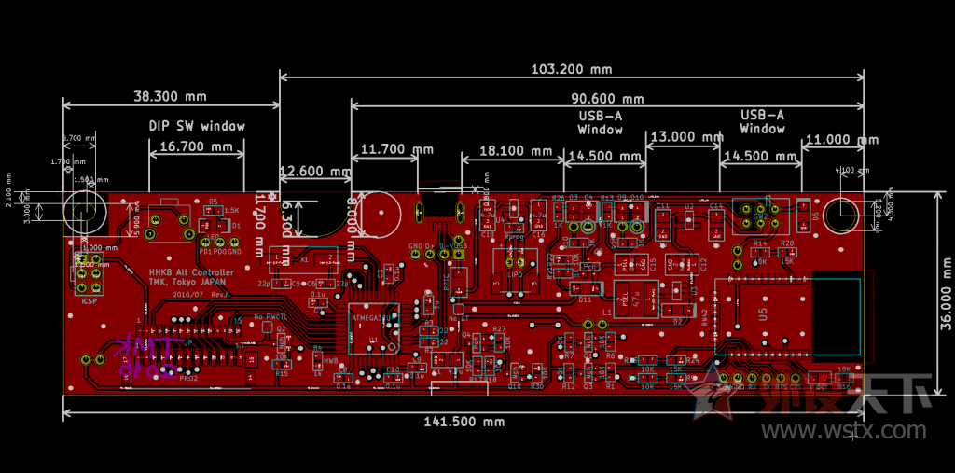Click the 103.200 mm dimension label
pyautogui.click(x=571, y=69)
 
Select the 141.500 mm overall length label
pyautogui.click(x=464, y=422)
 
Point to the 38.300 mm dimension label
pyautogui.click(x=170, y=96)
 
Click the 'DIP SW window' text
pyautogui.click(x=197, y=126)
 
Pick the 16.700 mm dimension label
pyautogui.click(x=196, y=146)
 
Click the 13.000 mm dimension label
pyautogui.click(x=685, y=136)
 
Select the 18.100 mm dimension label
pyautogui.click(x=515, y=150)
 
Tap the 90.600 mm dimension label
pyautogui.click(x=606, y=99)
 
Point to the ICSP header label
pyautogui.click(x=89, y=301)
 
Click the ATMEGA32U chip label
pyautogui.click(x=371, y=317)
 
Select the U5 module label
pyautogui.click(x=764, y=314)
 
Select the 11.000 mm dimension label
pyautogui.click(x=840, y=140)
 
